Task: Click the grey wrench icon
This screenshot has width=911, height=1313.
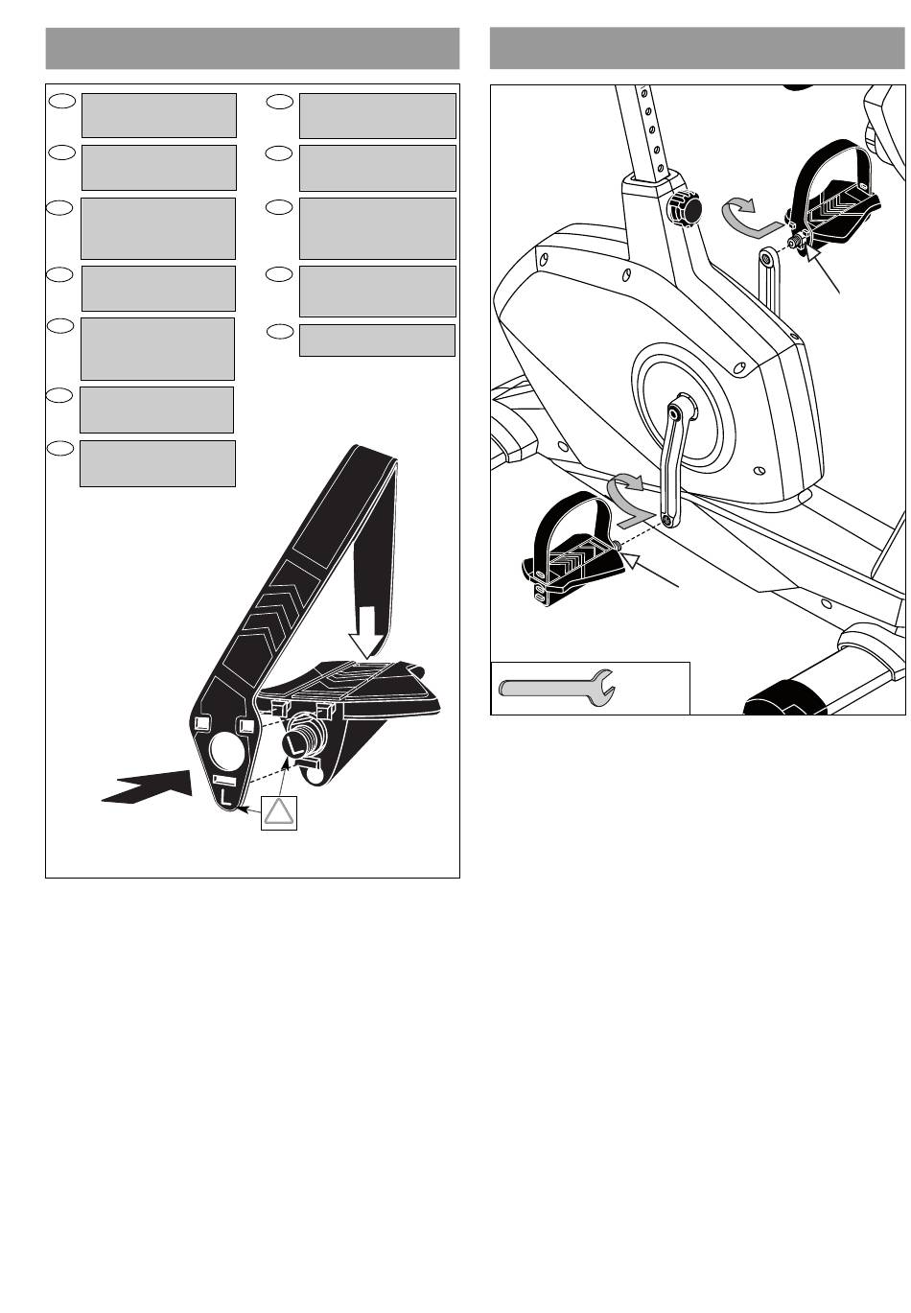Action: coord(556,687)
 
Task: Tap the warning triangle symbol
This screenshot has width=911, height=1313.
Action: coord(278,813)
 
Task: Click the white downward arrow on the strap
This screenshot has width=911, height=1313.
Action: coord(366,632)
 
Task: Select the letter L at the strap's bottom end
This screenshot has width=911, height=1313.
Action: coord(227,797)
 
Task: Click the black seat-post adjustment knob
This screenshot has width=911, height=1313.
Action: coord(683,209)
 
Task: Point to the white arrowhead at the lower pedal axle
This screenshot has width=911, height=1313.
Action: coord(632,561)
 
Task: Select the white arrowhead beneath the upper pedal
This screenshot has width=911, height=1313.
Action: coord(814,252)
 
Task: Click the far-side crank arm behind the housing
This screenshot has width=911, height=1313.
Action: coord(770,281)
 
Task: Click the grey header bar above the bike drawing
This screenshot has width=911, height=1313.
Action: coord(697,48)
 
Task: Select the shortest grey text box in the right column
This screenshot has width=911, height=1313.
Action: coord(377,340)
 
